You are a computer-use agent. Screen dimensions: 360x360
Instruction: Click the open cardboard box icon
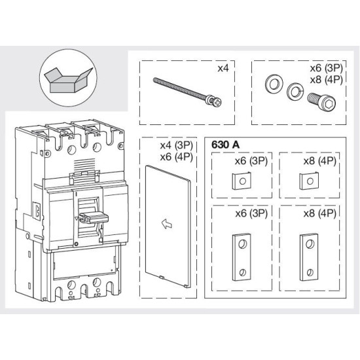pyautogui.click(x=69, y=81)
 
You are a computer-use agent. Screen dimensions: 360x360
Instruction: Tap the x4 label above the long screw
pyautogui.click(x=223, y=68)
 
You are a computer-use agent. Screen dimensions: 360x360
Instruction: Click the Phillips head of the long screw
pyautogui.click(x=217, y=101)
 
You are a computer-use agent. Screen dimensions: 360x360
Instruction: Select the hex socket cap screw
pyautogui.click(x=321, y=101)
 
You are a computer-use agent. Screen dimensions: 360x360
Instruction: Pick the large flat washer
pyautogui.click(x=274, y=84)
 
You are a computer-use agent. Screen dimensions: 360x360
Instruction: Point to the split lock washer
pyautogui.click(x=295, y=91)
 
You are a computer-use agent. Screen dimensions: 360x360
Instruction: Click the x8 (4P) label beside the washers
pyautogui.click(x=326, y=80)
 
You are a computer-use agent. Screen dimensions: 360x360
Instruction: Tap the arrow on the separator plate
pyautogui.click(x=167, y=224)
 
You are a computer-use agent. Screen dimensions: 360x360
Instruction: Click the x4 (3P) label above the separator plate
pyautogui.click(x=177, y=145)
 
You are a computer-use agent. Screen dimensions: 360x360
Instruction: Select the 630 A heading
pyautogui.click(x=225, y=145)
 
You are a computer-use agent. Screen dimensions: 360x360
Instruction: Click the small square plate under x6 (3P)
pyautogui.click(x=241, y=181)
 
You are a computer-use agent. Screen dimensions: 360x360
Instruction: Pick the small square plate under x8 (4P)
pyautogui.click(x=309, y=181)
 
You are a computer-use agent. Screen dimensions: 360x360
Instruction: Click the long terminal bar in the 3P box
pyautogui.click(x=242, y=257)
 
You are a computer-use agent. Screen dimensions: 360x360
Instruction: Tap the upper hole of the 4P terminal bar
pyautogui.click(x=310, y=244)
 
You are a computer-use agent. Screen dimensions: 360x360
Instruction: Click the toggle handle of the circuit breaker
pyautogui.click(x=94, y=217)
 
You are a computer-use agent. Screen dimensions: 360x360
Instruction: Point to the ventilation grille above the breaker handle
pyautogui.click(x=84, y=164)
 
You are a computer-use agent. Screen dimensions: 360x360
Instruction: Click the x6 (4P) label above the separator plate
pyautogui.click(x=177, y=157)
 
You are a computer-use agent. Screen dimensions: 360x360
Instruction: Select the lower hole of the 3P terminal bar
pyautogui.click(x=242, y=272)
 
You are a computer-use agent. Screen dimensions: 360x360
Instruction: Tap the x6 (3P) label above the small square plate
pyautogui.click(x=251, y=161)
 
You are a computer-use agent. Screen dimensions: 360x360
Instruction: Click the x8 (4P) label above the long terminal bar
pyautogui.click(x=320, y=213)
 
